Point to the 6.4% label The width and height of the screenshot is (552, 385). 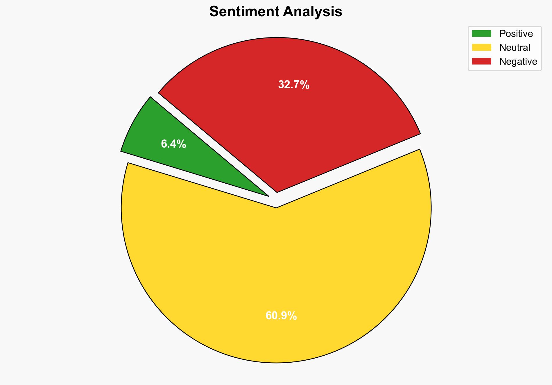click(x=173, y=144)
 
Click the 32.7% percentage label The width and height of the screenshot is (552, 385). click(x=294, y=85)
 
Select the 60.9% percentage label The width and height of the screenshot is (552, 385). click(x=281, y=316)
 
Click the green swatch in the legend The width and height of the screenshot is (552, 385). click(x=481, y=34)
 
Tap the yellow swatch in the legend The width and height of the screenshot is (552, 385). click(x=481, y=47)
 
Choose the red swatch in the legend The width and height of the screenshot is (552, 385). click(x=481, y=61)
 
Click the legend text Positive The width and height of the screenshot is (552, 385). click(x=516, y=34)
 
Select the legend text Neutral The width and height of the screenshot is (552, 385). click(x=515, y=48)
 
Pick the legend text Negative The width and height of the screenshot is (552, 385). click(x=518, y=62)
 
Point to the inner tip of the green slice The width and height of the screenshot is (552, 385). click(x=268, y=196)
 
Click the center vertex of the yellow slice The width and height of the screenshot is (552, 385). click(x=276, y=207)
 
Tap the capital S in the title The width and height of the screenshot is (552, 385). click(x=214, y=12)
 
